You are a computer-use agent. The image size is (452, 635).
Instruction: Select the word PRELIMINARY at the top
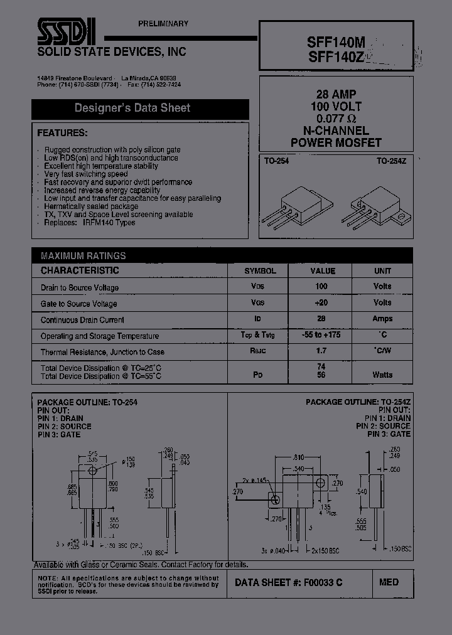tap(163, 24)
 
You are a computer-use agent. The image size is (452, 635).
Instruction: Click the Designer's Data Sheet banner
tap(132, 108)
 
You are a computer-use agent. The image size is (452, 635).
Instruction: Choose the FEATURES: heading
tap(63, 133)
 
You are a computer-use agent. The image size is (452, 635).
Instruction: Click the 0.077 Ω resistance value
tap(336, 119)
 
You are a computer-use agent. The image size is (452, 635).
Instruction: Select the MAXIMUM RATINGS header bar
tap(83, 256)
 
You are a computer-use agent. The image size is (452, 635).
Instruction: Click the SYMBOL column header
tap(260, 271)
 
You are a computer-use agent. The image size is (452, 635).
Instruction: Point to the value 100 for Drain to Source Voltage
tap(321, 286)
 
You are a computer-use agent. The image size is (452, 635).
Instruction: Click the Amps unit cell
tap(382, 319)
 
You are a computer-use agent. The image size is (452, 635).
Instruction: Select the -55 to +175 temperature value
tap(321, 335)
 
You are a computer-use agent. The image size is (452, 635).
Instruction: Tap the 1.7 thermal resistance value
tap(321, 351)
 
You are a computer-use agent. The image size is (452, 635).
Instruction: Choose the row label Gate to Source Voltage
tap(79, 304)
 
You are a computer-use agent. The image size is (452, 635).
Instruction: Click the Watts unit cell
tap(382, 375)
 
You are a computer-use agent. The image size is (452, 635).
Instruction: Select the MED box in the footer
tap(389, 582)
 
